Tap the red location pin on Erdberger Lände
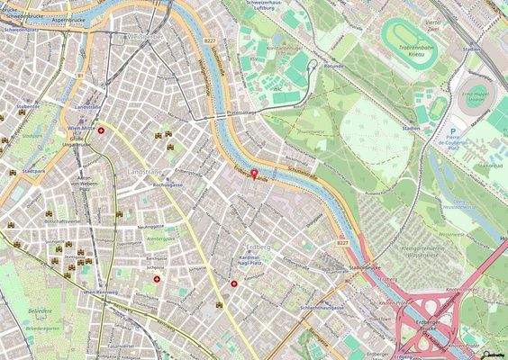click(x=253, y=174)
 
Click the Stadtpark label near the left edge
click(x=33, y=170)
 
